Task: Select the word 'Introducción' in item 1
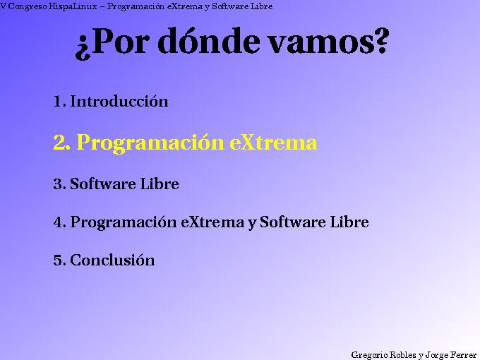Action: pyautogui.click(x=119, y=101)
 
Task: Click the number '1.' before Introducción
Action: pyautogui.click(x=59, y=101)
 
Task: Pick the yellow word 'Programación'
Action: pyautogui.click(x=151, y=143)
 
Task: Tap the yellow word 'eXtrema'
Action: pyautogui.click(x=273, y=143)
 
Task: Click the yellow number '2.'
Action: pyautogui.click(x=61, y=143)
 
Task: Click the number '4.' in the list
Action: pyautogui.click(x=59, y=222)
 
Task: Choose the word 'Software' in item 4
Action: pyautogui.click(x=290, y=222)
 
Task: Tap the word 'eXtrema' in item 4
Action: pyautogui.click(x=212, y=222)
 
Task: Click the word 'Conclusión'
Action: pyautogui.click(x=112, y=260)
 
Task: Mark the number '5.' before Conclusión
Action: pyautogui.click(x=59, y=260)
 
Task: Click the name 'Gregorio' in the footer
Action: pyautogui.click(x=367, y=354)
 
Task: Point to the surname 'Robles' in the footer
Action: pyautogui.click(x=402, y=354)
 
